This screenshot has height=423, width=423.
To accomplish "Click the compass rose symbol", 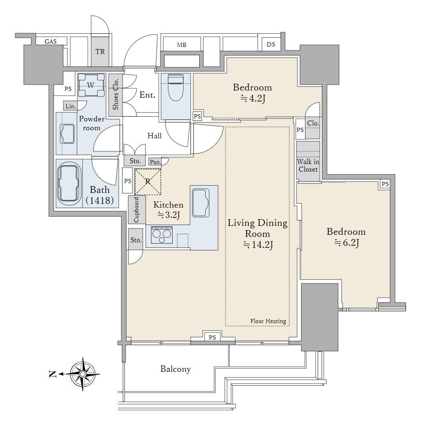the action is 83,374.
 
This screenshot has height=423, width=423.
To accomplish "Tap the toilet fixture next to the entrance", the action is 176,87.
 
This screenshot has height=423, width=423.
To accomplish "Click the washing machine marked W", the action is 91,85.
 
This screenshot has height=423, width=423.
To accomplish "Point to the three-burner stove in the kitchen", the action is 162,235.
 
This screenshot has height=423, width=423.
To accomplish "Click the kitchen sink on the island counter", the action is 201,203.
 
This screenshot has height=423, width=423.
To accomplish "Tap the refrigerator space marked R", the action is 148,182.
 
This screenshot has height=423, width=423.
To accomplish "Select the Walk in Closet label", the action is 308,165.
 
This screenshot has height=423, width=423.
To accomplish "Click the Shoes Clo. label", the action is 115,94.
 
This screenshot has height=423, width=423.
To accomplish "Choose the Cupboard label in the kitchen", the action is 136,210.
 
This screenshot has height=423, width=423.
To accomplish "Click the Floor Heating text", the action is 268,321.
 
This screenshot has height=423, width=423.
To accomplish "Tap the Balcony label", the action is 176,369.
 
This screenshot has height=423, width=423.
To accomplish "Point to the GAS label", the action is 51,41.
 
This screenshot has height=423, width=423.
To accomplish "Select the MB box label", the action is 181,45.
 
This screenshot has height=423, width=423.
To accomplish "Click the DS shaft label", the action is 271,44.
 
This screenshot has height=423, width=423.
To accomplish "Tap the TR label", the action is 100,52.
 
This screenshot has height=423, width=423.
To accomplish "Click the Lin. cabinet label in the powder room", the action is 71,106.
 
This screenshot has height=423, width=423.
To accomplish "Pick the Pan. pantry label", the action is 155,162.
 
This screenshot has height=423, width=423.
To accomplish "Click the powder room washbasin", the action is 67,134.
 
